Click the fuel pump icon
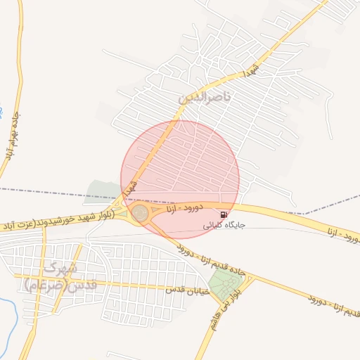click(x=224, y=214)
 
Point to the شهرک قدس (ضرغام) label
click(x=53, y=276)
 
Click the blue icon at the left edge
click(x=2, y=112)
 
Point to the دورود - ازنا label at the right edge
click(x=344, y=234)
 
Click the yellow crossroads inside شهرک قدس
click(x=43, y=281)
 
